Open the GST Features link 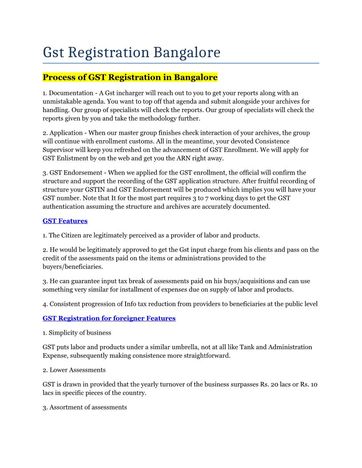[x=65, y=221]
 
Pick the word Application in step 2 [x=66, y=133]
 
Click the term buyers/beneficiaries [x=72, y=267]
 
